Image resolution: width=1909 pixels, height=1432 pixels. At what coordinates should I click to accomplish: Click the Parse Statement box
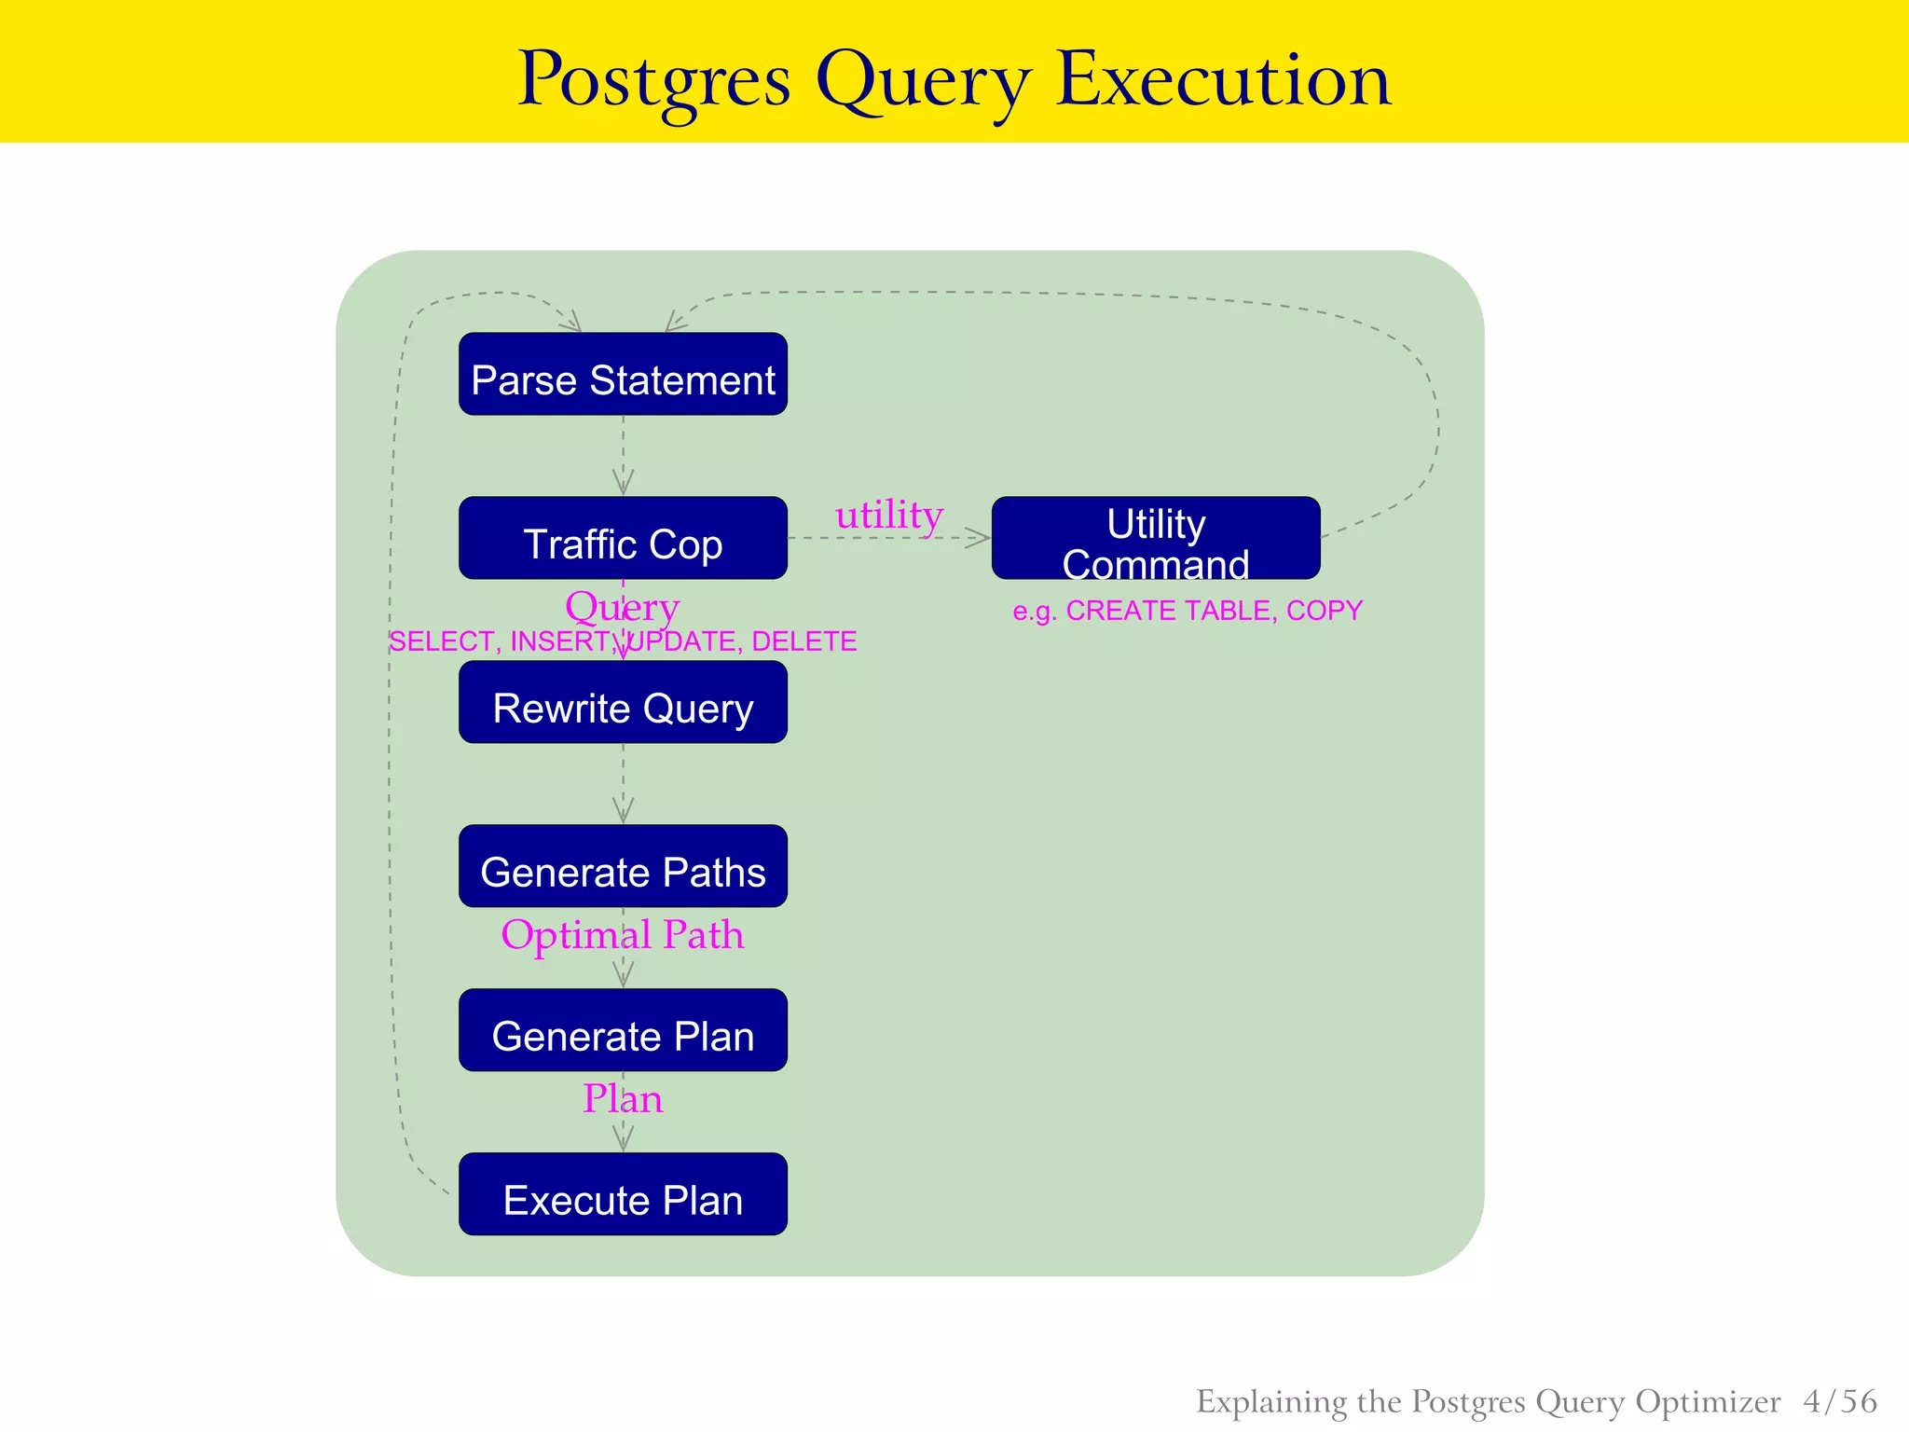(623, 374)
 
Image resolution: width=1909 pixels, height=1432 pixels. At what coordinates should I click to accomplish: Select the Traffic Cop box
(623, 538)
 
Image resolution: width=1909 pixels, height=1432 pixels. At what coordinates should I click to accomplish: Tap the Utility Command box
(1156, 538)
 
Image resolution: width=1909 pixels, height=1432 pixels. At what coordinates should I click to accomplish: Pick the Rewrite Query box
(623, 702)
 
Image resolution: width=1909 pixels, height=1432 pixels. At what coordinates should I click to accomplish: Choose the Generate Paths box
(623, 866)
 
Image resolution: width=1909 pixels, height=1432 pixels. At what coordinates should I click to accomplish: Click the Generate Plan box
(623, 1030)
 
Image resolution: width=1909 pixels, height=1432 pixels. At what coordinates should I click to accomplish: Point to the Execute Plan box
(623, 1194)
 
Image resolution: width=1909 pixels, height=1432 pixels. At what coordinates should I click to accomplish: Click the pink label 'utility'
(888, 515)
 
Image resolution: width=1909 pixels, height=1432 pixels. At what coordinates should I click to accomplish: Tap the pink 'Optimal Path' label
(623, 935)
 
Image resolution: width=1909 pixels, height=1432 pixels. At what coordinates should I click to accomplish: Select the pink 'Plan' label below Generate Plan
(623, 1099)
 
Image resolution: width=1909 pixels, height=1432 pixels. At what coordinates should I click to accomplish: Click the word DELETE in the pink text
(803, 641)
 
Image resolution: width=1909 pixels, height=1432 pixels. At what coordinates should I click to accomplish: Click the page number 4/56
(1840, 1401)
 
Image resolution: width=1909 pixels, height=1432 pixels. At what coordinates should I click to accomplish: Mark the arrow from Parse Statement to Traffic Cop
(623, 457)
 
